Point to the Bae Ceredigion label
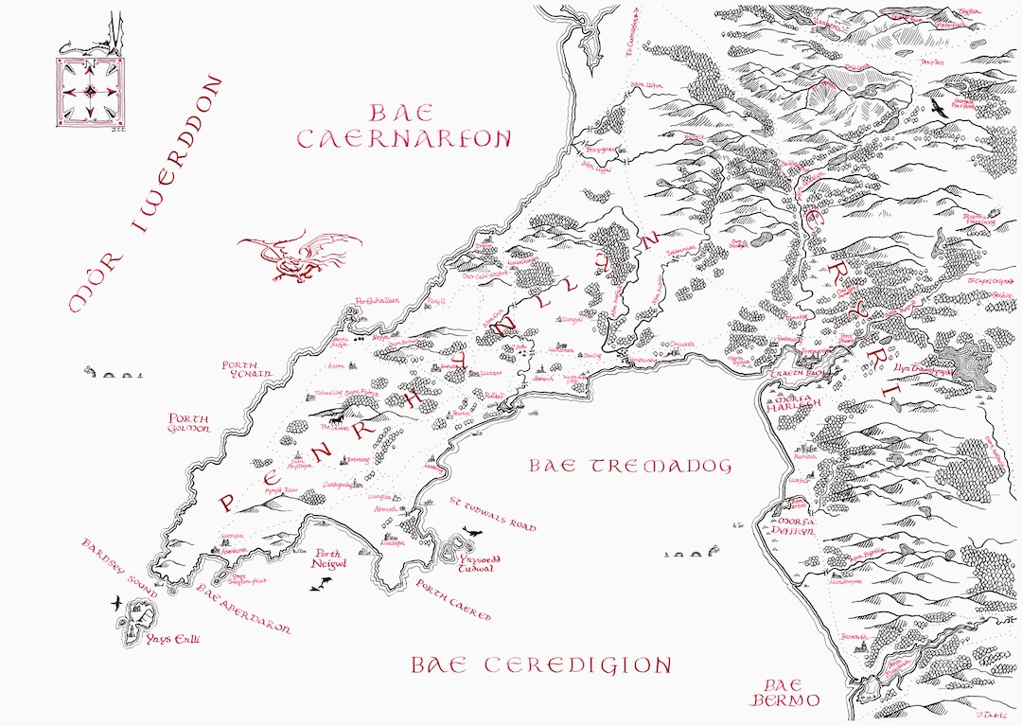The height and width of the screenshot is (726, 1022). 540,665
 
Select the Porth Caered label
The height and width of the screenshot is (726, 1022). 455,601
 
